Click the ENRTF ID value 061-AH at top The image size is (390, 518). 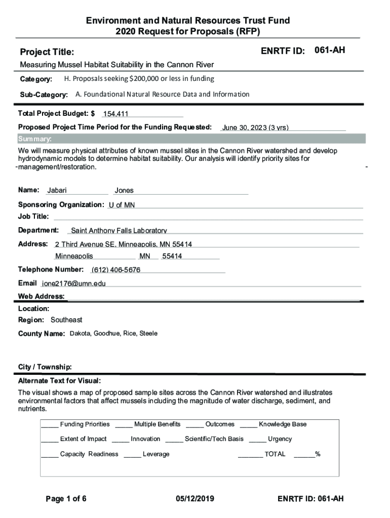tap(330, 50)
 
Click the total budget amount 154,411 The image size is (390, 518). tap(115, 114)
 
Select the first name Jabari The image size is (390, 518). tap(57, 191)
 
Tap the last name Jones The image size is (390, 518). tap(124, 191)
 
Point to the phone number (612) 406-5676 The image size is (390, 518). tap(116, 270)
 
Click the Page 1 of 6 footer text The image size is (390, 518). tap(66, 499)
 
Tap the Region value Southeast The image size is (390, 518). tap(66, 320)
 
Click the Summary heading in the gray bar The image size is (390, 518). tap(34, 139)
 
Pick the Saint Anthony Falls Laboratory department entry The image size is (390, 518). tap(119, 231)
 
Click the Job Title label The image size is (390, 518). tap(33, 217)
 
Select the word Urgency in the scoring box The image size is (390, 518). tap(280, 439)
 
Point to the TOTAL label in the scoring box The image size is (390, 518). tap(275, 454)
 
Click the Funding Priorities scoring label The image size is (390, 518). tap(85, 424)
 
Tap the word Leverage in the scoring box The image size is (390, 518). tap(156, 454)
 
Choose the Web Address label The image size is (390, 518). tap(41, 296)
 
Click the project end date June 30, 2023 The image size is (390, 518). tap(255, 127)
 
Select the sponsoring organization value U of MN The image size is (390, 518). tap(122, 205)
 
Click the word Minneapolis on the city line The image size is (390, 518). tap(74, 256)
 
